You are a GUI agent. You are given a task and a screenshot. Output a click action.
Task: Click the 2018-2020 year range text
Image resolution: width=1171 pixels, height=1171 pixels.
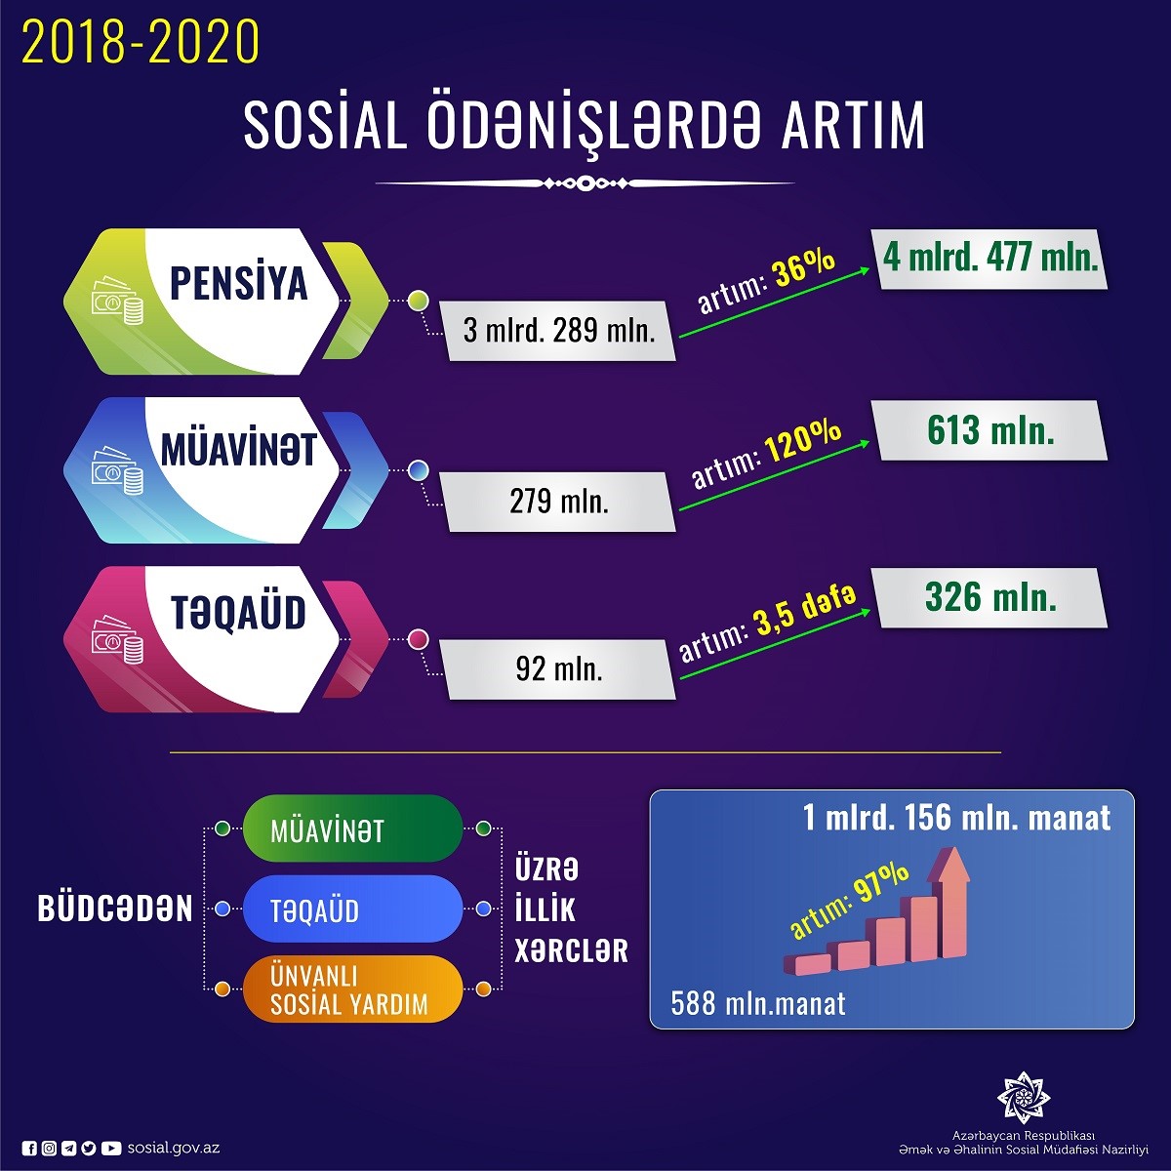coord(141,42)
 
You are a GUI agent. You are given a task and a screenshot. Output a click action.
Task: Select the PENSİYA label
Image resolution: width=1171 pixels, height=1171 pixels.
coord(239,283)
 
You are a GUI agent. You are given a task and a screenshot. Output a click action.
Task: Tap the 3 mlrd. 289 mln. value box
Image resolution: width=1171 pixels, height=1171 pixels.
coord(558,331)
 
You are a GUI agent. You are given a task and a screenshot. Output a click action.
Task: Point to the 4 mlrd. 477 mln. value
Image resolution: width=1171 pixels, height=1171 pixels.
coord(991,259)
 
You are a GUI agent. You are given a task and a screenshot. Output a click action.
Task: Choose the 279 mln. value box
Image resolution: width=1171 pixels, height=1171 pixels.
coord(558,502)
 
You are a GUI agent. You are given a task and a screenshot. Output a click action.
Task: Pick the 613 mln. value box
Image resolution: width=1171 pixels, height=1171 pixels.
coord(991,430)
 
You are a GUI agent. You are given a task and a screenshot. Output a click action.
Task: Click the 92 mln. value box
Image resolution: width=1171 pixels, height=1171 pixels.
coord(558,669)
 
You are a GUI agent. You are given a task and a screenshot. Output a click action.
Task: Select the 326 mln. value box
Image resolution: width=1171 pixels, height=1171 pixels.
coord(991,597)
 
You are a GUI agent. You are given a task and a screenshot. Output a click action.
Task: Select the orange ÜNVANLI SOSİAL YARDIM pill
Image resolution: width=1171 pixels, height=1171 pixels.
coord(351,989)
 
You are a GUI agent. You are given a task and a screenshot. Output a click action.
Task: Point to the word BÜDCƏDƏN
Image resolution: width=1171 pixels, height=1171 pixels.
coord(115,909)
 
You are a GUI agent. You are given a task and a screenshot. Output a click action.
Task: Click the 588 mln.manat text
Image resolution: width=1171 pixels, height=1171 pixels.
coord(758,1003)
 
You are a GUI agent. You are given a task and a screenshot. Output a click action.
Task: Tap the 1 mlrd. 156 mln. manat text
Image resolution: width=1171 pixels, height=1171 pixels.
coord(956,818)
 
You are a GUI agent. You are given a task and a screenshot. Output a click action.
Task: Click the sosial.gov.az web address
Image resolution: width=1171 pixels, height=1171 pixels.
coord(174,1148)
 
